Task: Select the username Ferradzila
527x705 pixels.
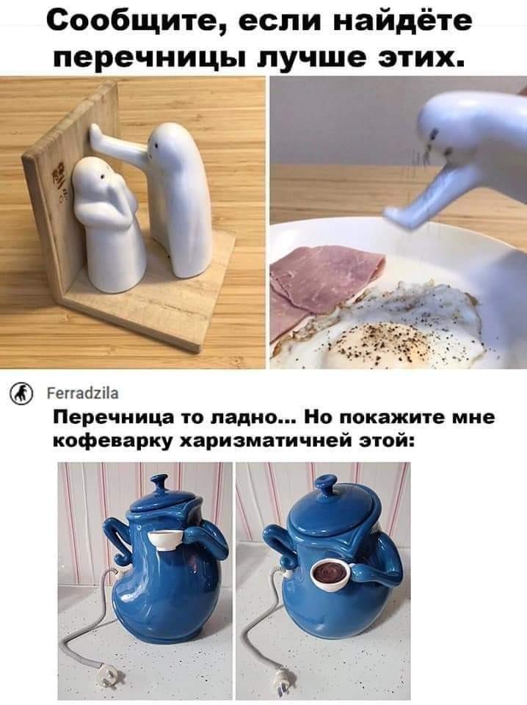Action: pyautogui.click(x=83, y=394)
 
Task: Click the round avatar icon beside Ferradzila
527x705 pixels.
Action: pyautogui.click(x=21, y=394)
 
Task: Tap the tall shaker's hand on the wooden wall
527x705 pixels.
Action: pyautogui.click(x=95, y=133)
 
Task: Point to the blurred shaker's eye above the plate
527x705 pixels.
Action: pyautogui.click(x=435, y=134)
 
